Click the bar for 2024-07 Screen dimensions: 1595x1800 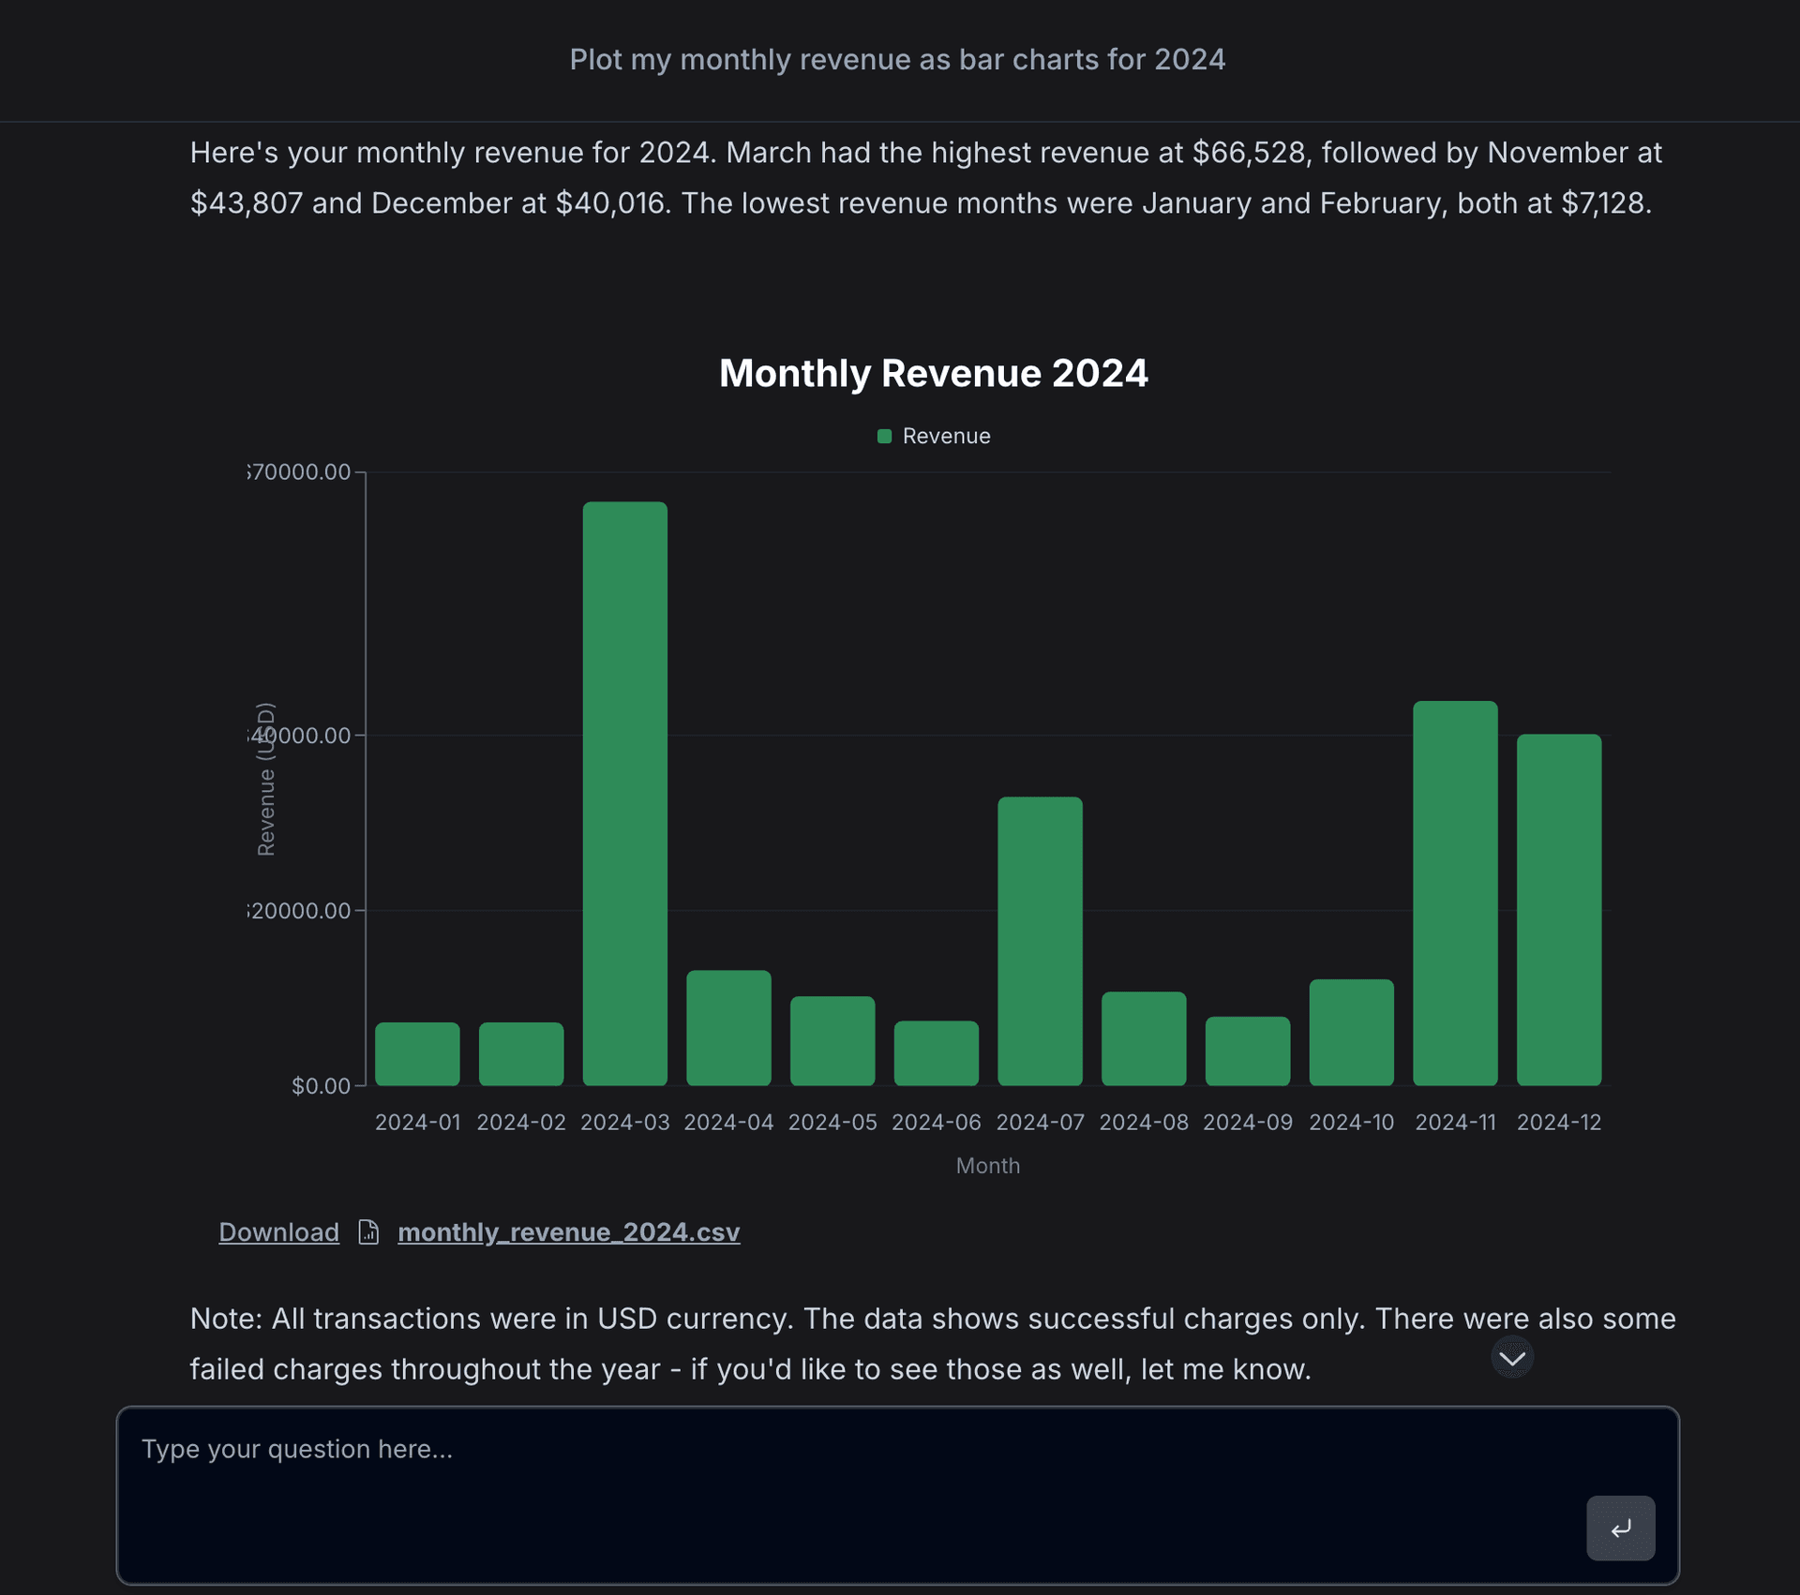point(1040,941)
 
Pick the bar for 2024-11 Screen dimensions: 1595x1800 point(1455,893)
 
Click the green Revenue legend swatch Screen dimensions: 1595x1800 point(884,436)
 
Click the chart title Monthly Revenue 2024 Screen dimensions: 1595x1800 point(933,373)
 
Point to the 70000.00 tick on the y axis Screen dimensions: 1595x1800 point(300,471)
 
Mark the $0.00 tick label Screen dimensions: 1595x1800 point(321,1085)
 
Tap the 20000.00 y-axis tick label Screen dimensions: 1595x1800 point(300,910)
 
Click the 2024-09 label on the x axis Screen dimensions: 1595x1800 point(1247,1122)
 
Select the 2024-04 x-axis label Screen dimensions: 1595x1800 point(728,1122)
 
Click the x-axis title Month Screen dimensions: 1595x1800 point(987,1165)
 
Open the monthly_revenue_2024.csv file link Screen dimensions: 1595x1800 point(568,1231)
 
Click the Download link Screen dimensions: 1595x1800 point(278,1231)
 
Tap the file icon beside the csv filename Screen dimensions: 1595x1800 point(368,1231)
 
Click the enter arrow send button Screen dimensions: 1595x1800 point(1620,1528)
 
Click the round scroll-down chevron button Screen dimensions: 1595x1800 point(1512,1358)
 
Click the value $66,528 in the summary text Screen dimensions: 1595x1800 point(1249,153)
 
